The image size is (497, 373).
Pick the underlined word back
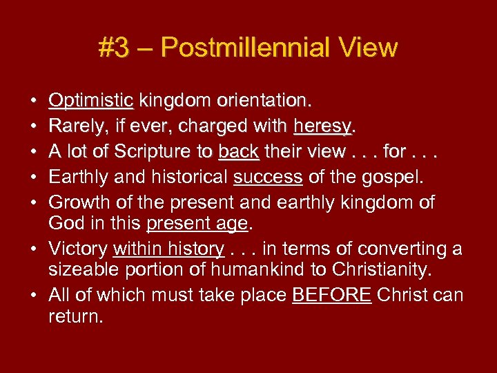pyautogui.click(x=238, y=152)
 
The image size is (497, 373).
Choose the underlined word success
pyautogui.click(x=268, y=178)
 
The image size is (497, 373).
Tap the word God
pyautogui.click(x=64, y=224)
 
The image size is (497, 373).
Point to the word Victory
pyautogui.click(x=77, y=249)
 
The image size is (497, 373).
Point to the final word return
pyautogui.click(x=75, y=317)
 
